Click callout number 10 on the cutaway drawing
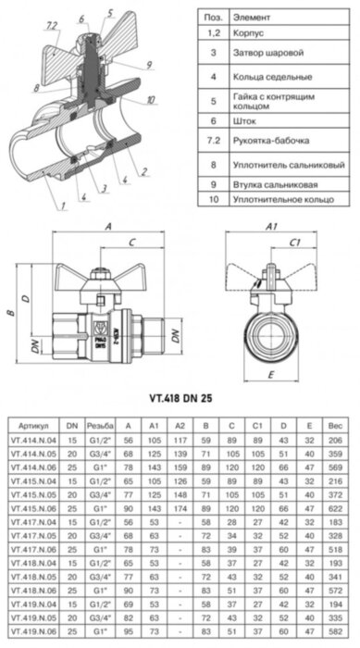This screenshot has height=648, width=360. point(151,99)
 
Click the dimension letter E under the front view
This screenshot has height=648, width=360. point(270,375)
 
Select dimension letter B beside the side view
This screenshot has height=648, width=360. point(10,313)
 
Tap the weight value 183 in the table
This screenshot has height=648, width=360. point(334,523)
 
